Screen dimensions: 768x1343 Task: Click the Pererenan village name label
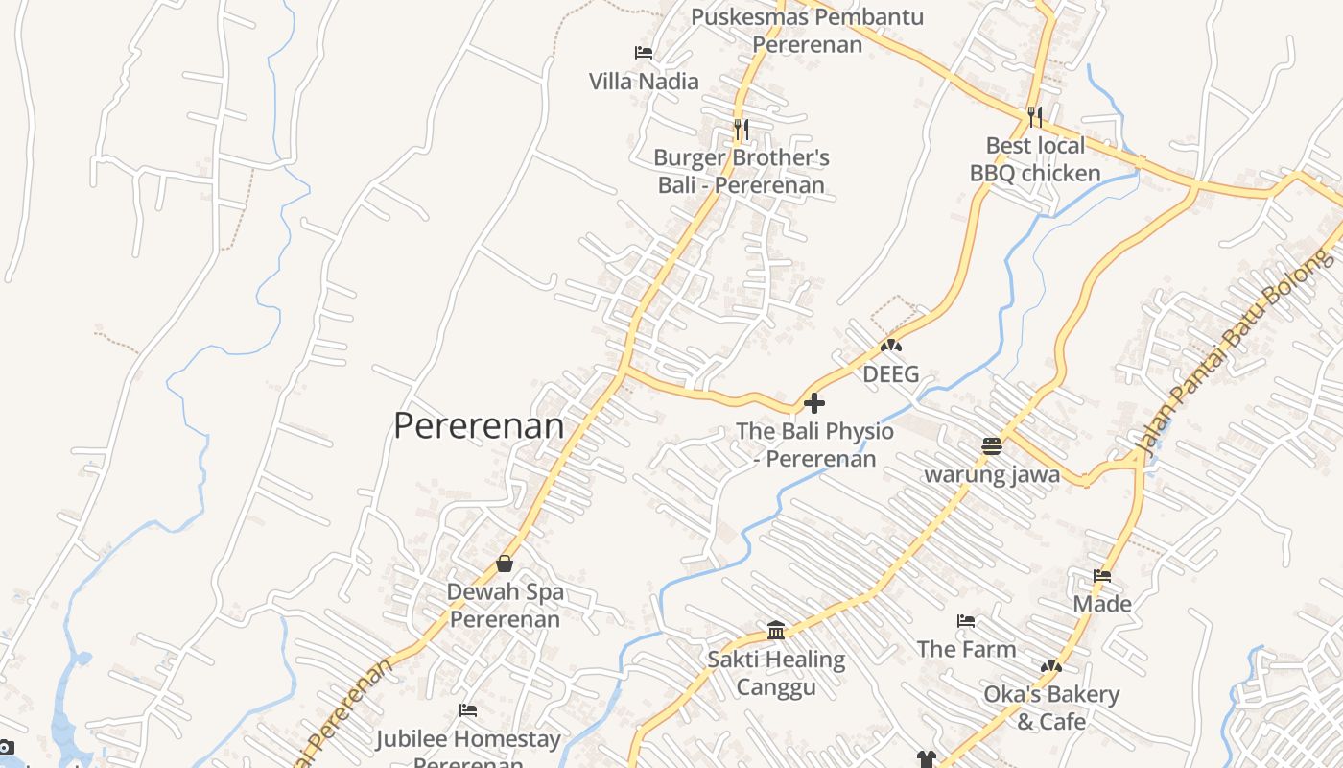click(479, 425)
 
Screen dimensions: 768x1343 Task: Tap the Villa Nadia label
click(644, 82)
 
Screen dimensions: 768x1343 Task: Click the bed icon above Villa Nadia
click(644, 53)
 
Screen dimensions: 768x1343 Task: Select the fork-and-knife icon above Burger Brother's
click(741, 129)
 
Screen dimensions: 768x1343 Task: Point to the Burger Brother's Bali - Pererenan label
click(742, 172)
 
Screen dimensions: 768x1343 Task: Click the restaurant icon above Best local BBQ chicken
click(1034, 117)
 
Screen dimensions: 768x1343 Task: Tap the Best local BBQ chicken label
click(1035, 159)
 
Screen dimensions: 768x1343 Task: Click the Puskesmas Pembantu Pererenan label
click(793, 30)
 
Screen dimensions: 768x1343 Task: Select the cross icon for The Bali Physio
click(814, 403)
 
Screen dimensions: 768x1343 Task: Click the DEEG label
click(890, 374)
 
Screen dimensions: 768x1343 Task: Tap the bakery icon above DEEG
click(890, 346)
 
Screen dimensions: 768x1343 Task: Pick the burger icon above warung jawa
click(992, 446)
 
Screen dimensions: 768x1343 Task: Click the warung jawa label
click(992, 474)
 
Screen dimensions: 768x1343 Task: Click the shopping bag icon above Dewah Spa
click(505, 564)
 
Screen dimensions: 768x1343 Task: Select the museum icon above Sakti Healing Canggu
click(776, 631)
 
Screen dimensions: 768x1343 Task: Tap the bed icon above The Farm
click(966, 621)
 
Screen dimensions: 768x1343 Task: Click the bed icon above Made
click(1102, 576)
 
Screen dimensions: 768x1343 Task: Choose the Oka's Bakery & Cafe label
click(1051, 708)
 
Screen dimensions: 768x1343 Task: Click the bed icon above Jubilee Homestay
click(468, 710)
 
